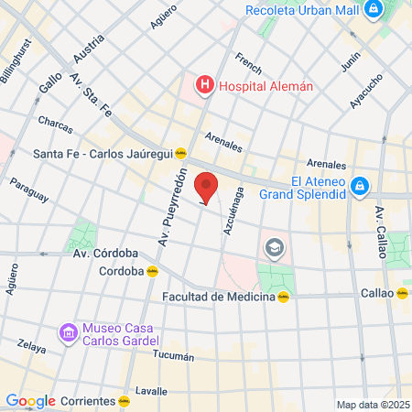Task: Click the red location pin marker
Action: pos(207,187)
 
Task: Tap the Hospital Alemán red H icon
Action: pos(205,86)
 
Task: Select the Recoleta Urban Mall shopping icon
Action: pos(374,11)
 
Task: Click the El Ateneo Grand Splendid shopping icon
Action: pos(361,187)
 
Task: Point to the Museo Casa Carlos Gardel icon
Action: pos(67,335)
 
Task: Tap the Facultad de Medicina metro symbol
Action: pos(285,297)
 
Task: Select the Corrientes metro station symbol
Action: pos(124,400)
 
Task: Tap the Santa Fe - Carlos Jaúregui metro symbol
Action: pos(181,154)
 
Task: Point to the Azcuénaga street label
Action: pos(234,209)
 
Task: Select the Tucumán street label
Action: pos(174,355)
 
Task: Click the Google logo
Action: pos(30,400)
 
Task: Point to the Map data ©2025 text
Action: pos(372,405)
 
